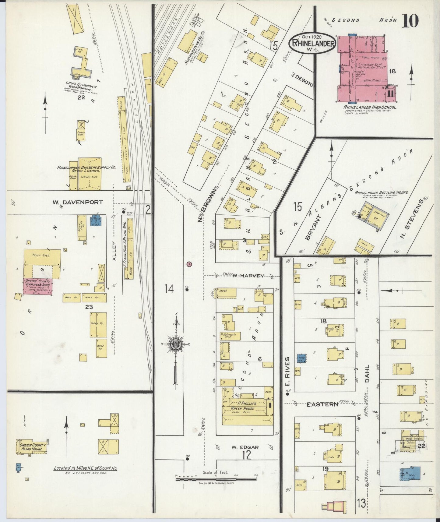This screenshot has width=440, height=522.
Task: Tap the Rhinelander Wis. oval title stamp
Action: tap(312, 44)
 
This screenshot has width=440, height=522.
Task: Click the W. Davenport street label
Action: tap(77, 202)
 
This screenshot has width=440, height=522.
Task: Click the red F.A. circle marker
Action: tap(189, 264)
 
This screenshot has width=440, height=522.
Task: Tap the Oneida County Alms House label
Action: tap(33, 447)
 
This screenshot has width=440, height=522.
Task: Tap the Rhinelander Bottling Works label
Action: tap(381, 192)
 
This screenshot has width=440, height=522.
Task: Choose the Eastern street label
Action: tap(322, 404)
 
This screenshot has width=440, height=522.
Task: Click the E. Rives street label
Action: tap(287, 371)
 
